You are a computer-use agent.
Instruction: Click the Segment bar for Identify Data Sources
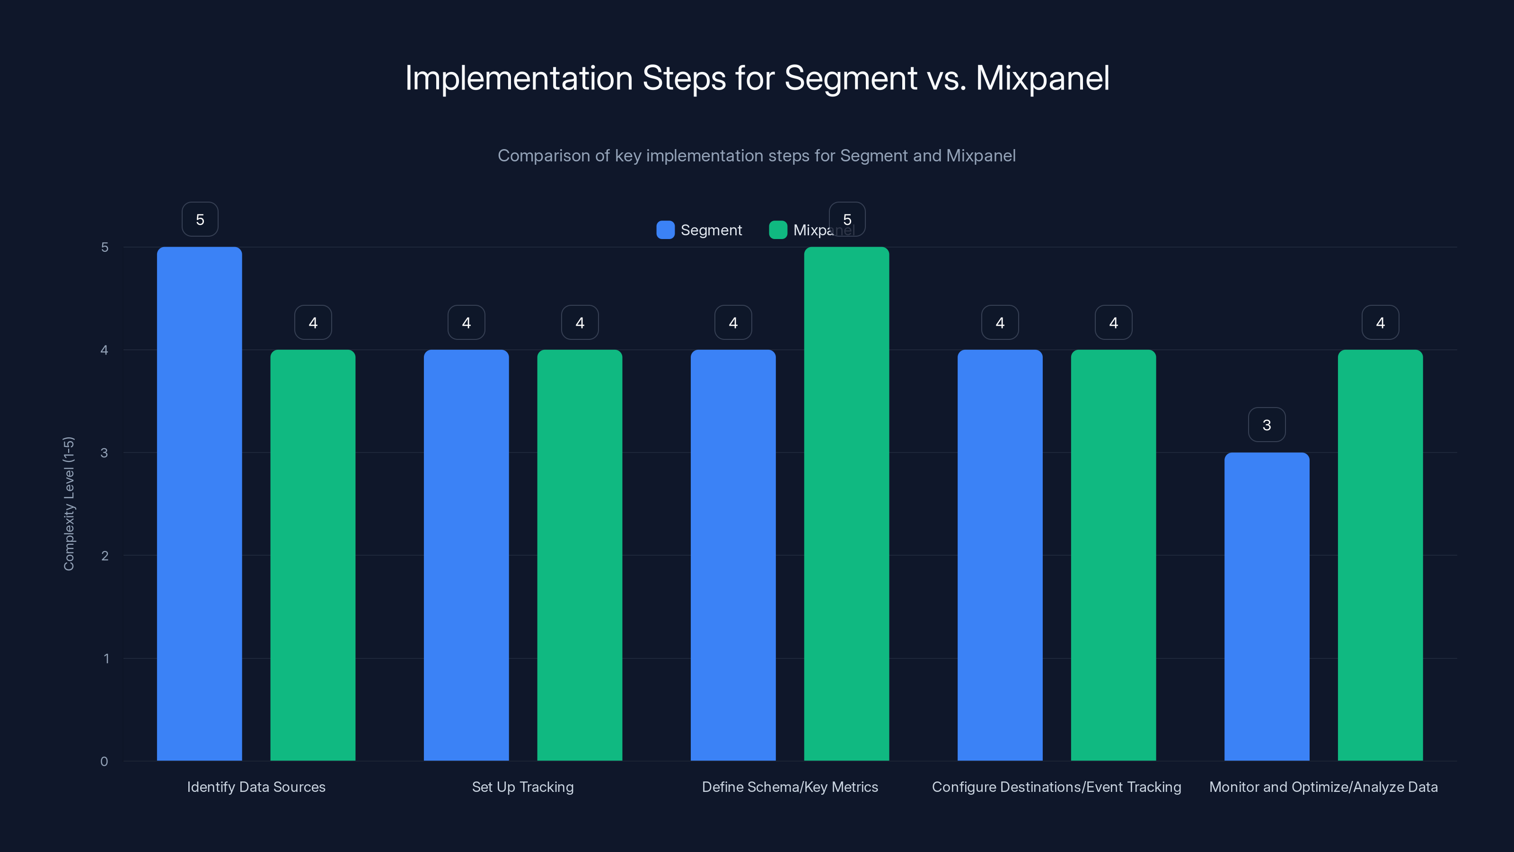pos(199,503)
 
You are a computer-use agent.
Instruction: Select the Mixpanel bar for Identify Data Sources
pos(313,555)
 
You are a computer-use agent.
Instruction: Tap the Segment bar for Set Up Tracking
pos(466,555)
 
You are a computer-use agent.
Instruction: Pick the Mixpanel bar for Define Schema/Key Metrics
pos(846,503)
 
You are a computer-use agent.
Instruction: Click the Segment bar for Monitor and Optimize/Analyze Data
pos(1267,606)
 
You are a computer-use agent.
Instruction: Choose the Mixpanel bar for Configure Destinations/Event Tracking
pos(1113,555)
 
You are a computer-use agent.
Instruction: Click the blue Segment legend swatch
pos(665,230)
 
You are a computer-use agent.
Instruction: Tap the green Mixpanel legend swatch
pos(777,230)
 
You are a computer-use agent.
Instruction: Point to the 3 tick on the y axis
pos(105,453)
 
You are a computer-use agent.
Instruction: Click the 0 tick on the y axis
pos(105,762)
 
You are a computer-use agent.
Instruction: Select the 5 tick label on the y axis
pos(105,248)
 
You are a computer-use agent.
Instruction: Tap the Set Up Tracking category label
pos(522,787)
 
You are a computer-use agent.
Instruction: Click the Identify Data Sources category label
pos(255,787)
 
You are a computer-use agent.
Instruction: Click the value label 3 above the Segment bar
pos(1267,425)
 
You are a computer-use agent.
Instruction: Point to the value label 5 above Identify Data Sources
pos(200,219)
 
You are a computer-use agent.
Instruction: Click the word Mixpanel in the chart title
pos(1042,78)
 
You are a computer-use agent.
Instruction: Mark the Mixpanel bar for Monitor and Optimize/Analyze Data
pos(1380,555)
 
